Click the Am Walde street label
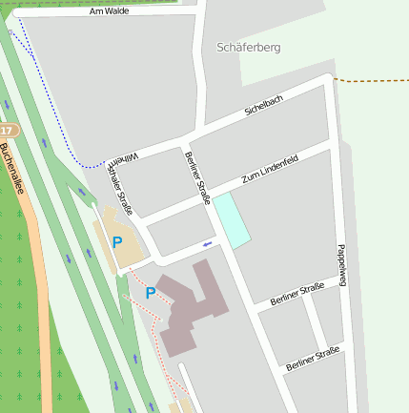(x=109, y=11)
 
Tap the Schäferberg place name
(x=249, y=47)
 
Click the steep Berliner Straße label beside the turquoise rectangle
(x=196, y=177)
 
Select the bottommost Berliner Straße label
(x=312, y=360)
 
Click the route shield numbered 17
(x=7, y=130)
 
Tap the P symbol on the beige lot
(x=117, y=242)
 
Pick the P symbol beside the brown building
(x=150, y=293)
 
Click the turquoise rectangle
(x=231, y=219)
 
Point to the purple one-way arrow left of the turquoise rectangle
(x=207, y=245)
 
